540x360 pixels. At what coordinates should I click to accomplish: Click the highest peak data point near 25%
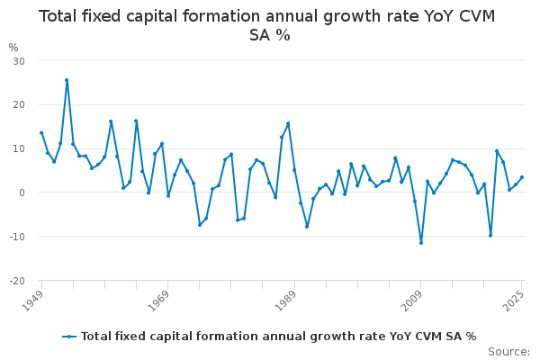coord(67,80)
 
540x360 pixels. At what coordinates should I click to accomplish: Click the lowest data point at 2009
coord(421,243)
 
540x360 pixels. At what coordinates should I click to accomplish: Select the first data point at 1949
coord(41,132)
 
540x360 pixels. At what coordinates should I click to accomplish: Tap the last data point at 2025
coord(522,177)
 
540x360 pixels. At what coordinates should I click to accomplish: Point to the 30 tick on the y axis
coord(19,61)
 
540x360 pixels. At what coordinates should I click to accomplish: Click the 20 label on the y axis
coord(19,104)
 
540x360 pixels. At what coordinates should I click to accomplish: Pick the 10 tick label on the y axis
coord(19,148)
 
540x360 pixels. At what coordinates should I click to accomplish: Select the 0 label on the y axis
coord(22,193)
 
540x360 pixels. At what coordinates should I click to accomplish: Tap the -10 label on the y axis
coord(18,237)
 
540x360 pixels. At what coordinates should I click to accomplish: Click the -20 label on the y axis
coord(18,281)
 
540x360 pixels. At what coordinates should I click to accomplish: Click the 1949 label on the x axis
coord(32,301)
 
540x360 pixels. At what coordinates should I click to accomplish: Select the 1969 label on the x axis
coord(158,301)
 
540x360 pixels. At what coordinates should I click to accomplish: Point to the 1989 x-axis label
coord(285,301)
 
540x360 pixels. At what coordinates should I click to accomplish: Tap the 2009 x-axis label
coord(412,301)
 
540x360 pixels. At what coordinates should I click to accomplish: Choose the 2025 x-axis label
coord(513,301)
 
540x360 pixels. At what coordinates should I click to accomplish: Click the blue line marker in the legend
coord(69,337)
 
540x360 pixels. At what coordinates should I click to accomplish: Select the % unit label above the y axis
coord(13,48)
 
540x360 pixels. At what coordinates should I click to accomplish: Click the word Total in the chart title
coord(58,16)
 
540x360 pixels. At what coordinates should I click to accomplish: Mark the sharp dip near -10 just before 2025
coord(490,236)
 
